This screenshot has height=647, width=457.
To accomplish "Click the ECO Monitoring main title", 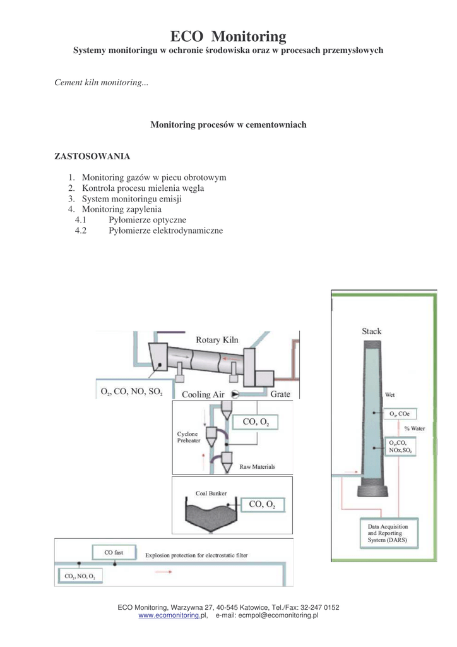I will click(228, 36).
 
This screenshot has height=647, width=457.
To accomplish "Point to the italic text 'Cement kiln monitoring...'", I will click(102, 83).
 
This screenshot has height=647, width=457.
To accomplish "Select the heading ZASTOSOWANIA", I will click(92, 155).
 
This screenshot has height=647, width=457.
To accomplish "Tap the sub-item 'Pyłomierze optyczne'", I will click(147, 220).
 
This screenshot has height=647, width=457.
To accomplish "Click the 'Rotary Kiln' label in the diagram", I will click(217, 340).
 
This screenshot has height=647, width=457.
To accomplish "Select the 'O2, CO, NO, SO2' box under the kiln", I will click(131, 392).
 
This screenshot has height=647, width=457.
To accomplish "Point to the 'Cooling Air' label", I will click(203, 395).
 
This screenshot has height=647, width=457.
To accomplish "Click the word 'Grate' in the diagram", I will click(280, 394).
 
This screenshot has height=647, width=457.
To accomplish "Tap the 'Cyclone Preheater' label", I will click(188, 437).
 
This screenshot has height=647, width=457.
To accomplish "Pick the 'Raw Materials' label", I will click(258, 468).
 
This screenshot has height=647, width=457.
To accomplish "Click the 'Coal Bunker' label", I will click(211, 493).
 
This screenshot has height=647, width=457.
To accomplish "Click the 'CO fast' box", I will click(114, 553).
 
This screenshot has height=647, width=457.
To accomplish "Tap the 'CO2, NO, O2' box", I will click(80, 576).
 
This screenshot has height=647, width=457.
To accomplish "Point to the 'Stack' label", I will click(371, 331).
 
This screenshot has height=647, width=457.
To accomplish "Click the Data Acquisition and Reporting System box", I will click(388, 533).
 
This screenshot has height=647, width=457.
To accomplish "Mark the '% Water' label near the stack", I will click(415, 428).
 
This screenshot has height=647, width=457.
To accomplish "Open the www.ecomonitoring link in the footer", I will click(169, 615).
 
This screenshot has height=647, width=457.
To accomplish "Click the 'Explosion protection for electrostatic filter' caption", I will click(196, 556).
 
